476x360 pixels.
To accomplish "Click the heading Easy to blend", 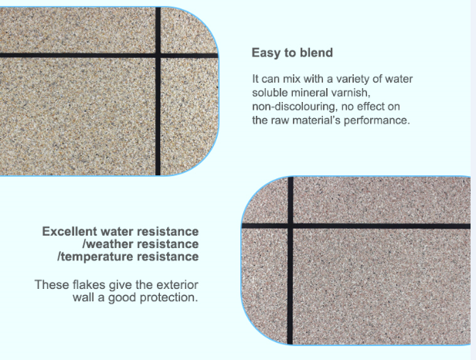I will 292,53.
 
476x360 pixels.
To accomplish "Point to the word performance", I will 379,121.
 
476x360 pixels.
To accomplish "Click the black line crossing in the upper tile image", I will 158,56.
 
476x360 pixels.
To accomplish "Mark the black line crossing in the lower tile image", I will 291,226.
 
